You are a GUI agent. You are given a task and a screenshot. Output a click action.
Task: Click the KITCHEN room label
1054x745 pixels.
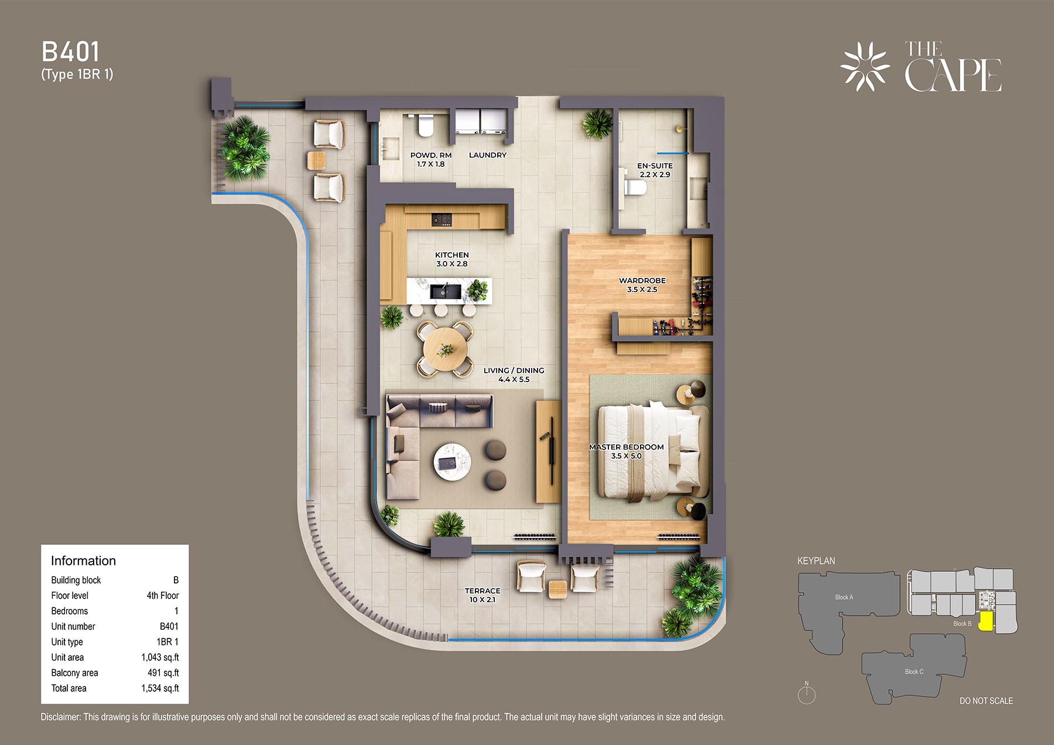[451, 255]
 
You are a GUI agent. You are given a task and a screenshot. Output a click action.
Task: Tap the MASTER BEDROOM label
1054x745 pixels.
[626, 447]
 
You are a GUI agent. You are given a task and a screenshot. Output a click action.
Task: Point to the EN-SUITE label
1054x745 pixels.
[655, 166]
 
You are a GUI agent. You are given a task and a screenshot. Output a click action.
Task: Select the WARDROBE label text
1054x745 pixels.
[642, 281]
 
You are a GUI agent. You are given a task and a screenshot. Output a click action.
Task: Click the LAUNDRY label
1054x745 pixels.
[488, 155]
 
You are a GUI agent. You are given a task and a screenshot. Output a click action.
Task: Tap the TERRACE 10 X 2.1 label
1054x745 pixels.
[482, 595]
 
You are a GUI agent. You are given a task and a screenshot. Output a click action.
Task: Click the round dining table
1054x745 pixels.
[445, 350]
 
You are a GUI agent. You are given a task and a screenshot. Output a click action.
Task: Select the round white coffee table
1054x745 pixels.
[451, 462]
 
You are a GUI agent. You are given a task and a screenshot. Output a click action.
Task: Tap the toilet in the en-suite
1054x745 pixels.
[635, 188]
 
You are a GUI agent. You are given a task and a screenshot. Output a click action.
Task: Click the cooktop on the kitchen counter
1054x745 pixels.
[442, 219]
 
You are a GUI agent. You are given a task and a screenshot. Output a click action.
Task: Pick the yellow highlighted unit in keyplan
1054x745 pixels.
[986, 620]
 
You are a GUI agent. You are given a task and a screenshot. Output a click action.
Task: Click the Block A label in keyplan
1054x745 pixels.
[844, 598]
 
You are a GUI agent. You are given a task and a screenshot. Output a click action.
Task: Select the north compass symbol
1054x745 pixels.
[806, 693]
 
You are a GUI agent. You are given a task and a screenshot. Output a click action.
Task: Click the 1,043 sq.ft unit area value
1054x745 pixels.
[160, 657]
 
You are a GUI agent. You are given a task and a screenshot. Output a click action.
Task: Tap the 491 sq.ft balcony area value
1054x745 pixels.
[163, 673]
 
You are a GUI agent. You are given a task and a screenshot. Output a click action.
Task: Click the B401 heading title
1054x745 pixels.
[71, 52]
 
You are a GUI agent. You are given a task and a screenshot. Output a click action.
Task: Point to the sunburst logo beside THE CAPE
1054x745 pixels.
[865, 66]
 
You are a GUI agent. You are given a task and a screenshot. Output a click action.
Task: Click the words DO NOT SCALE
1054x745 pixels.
[986, 701]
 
